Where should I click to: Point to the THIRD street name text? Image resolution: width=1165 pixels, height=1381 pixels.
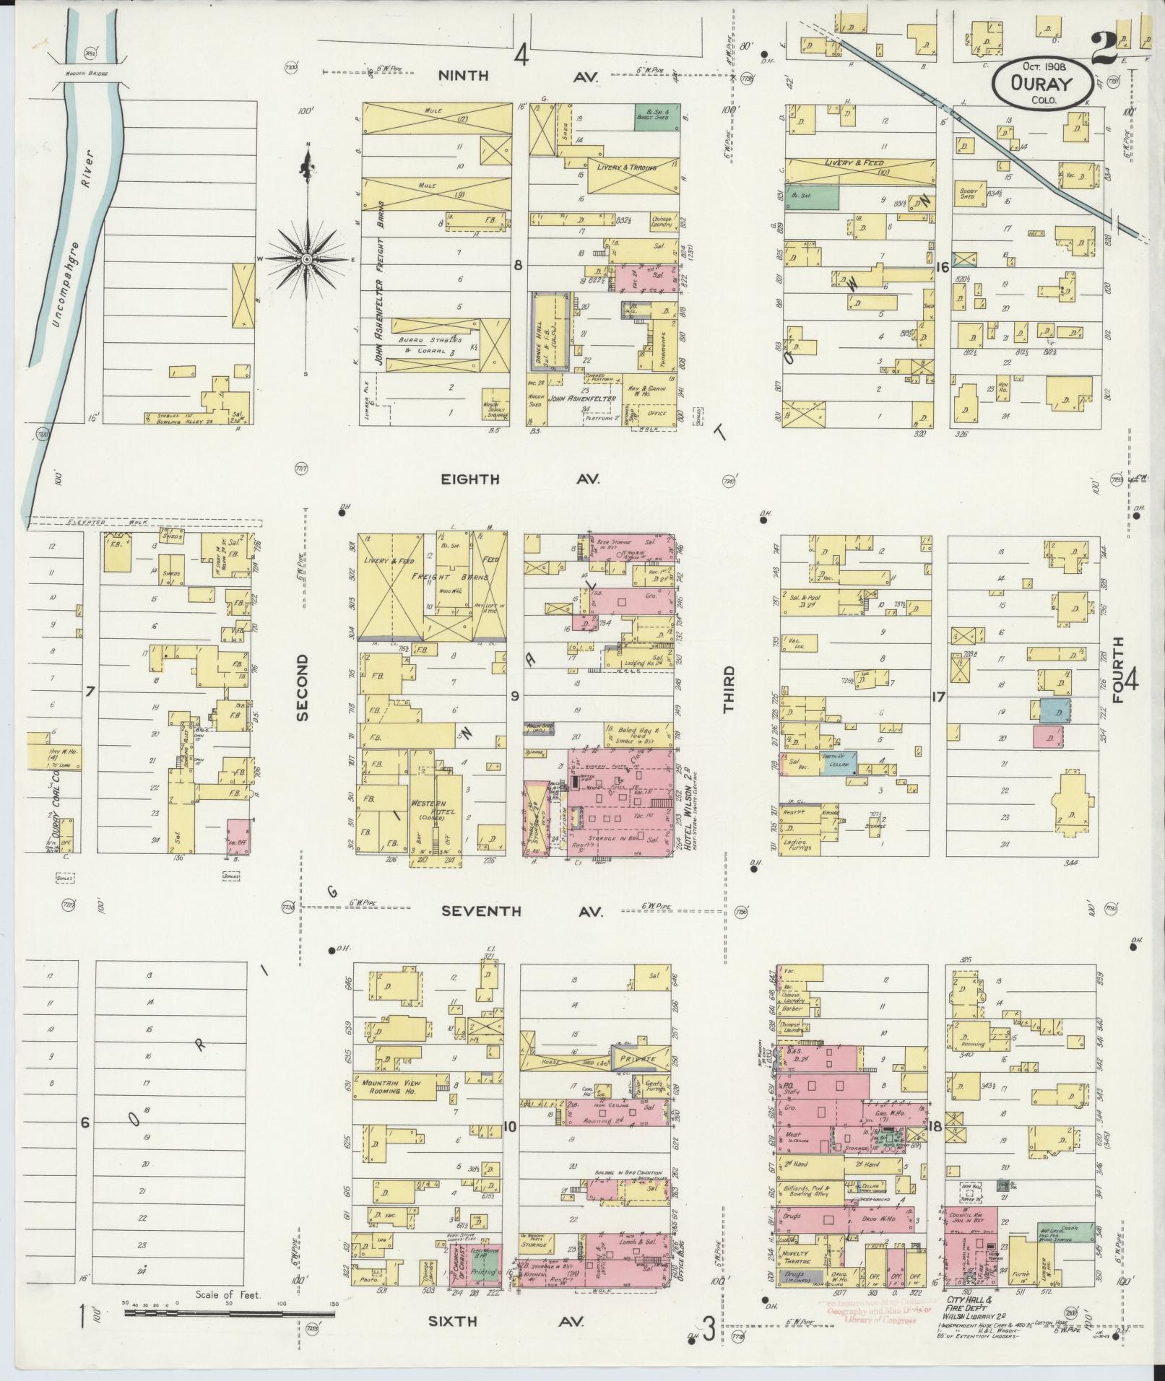pos(729,689)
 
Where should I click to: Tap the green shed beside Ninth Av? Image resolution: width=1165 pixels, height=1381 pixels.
pos(657,117)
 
